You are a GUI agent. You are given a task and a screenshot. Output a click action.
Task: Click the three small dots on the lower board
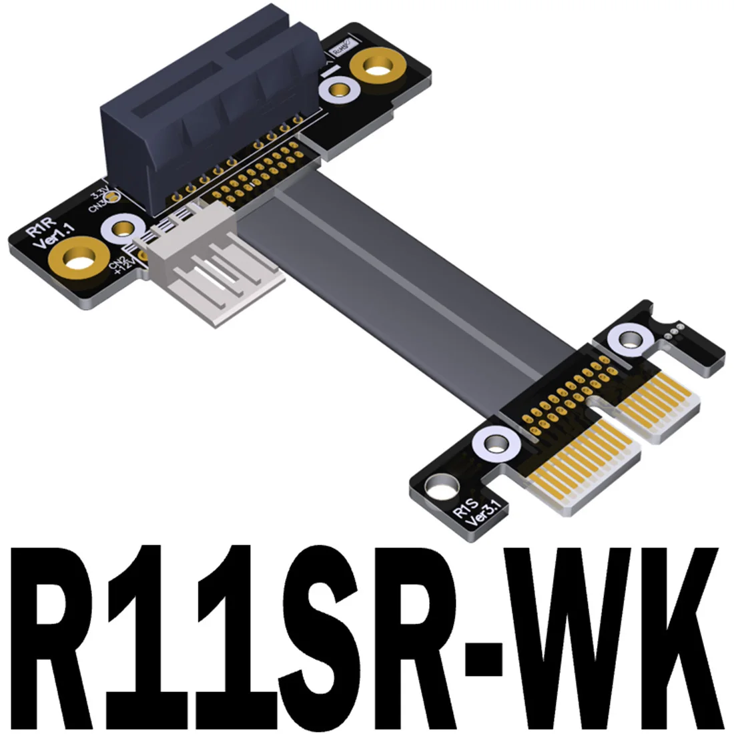click(x=675, y=329)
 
